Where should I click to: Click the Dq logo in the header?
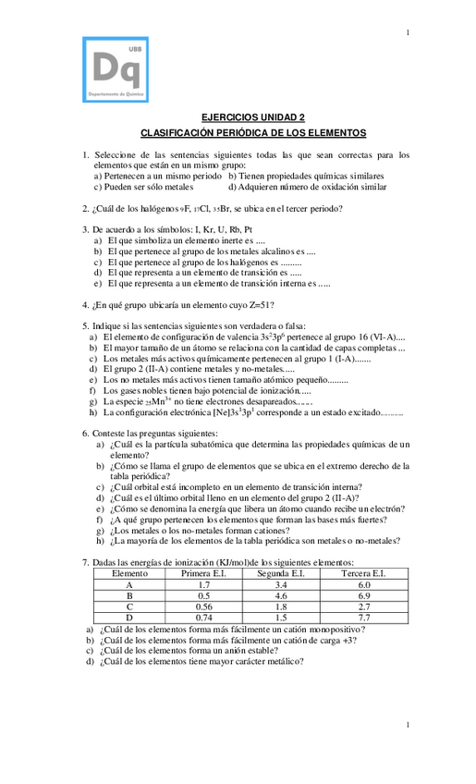click(116, 69)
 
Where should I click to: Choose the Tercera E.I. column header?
click(364, 574)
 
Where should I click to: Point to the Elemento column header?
click(129, 574)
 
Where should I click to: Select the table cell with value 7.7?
click(364, 618)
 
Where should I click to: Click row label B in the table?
click(129, 596)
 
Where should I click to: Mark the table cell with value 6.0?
click(364, 585)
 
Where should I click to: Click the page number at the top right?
click(408, 34)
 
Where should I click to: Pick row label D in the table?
click(129, 618)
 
